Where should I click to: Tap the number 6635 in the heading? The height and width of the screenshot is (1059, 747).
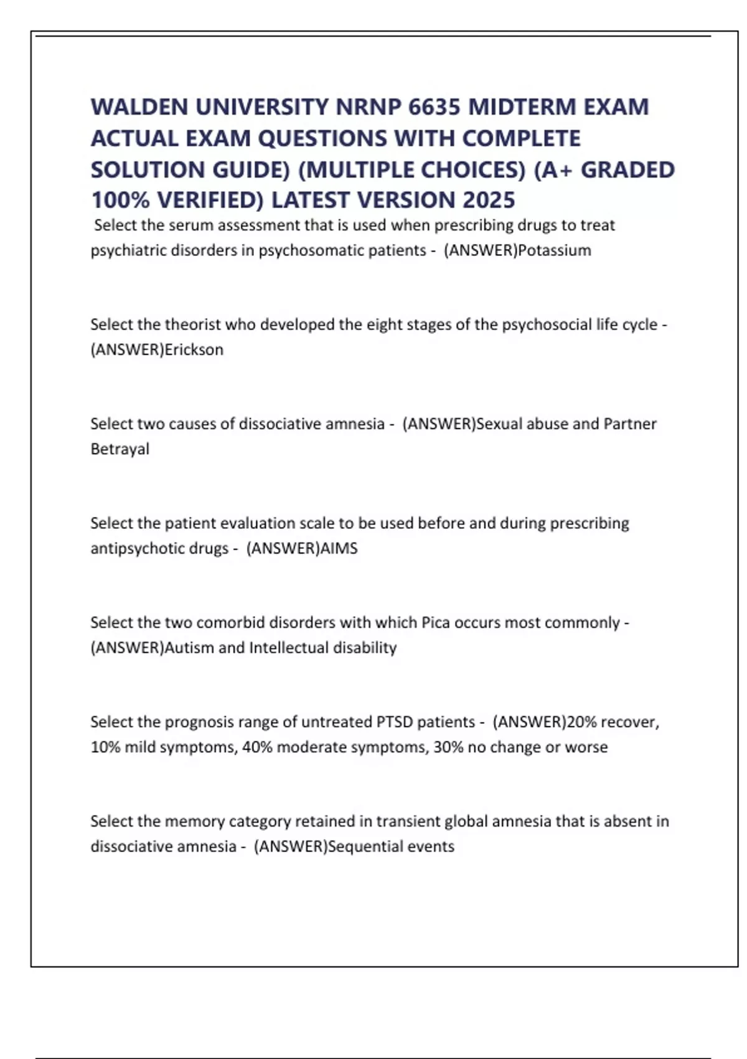[x=434, y=107]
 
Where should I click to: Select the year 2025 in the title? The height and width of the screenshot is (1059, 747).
[x=489, y=200]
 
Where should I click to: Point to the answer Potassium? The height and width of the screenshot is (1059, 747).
[x=555, y=250]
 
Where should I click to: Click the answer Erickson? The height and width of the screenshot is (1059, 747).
[x=194, y=349]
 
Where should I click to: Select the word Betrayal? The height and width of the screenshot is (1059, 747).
[x=120, y=449]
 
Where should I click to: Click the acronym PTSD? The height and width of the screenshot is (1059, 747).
[x=395, y=722]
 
